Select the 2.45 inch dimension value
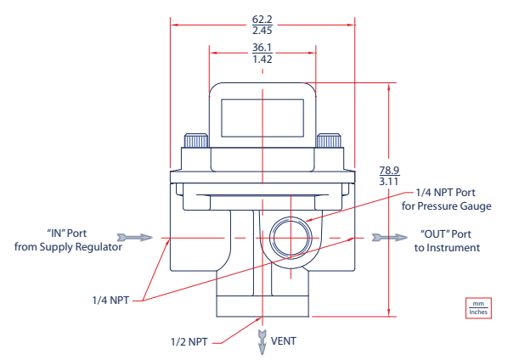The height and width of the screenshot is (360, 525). coord(262,30)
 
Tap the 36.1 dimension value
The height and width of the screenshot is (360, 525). coord(262,48)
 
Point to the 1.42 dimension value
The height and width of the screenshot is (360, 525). coord(262,60)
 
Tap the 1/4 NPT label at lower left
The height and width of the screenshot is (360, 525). coord(111,300)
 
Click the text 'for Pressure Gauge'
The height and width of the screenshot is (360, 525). coord(446,206)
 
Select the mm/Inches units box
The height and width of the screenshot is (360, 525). coord(478,307)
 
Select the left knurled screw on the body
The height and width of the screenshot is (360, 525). coord(197,142)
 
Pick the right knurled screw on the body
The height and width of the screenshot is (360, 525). coord(329,142)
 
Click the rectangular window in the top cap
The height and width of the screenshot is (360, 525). coord(262,116)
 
